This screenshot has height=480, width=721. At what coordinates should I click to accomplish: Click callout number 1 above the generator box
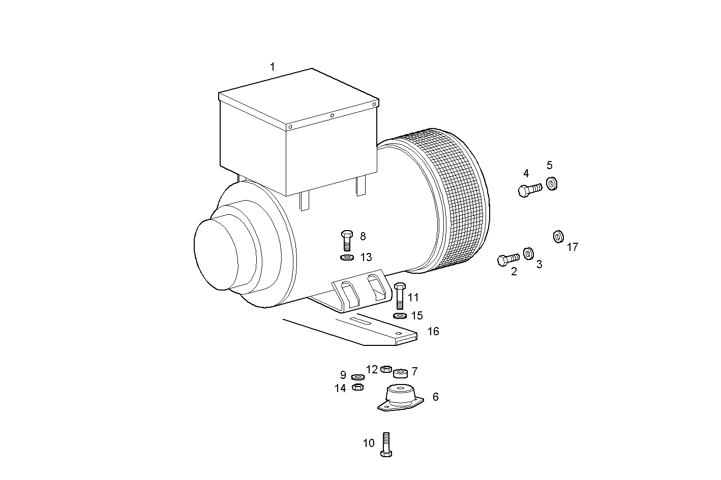pos(272,67)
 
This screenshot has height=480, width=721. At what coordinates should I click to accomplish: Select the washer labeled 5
pos(551,183)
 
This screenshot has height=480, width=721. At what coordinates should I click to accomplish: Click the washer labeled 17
pos(558,236)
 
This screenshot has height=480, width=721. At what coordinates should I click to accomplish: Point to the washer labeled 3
pos(528,252)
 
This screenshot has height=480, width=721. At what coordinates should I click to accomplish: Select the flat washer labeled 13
pos(347,258)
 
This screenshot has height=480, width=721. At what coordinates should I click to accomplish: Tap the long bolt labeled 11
pos(400,296)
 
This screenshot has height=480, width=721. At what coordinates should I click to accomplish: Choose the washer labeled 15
pos(400,315)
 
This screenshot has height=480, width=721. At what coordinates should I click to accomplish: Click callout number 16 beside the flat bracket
pos(433,331)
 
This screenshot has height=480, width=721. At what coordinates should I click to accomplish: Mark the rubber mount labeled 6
pos(400,398)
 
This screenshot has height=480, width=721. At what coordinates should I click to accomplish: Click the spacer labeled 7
pos(401,373)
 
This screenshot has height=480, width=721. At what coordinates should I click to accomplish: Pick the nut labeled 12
pos(385,368)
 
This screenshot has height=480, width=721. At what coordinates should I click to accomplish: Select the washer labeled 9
pos(357,377)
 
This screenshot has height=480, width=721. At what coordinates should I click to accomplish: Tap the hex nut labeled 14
pos(357,387)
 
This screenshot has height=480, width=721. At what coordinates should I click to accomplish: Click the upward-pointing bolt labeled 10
pos(386,444)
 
